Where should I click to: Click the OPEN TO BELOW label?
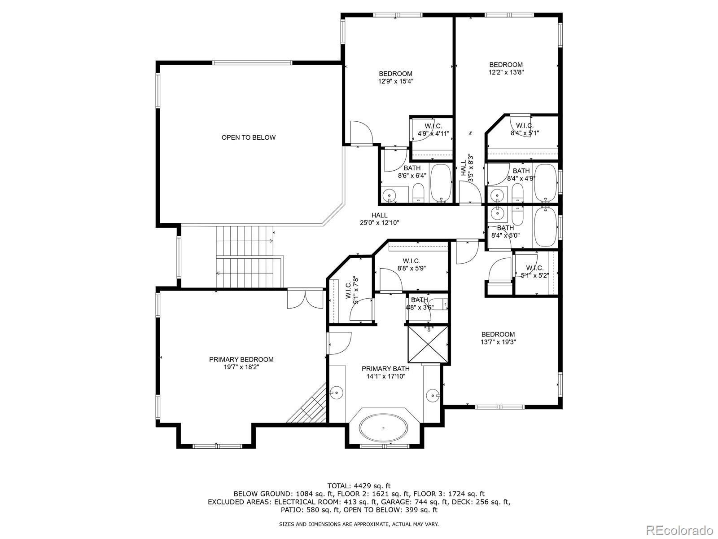pyautogui.click(x=248, y=137)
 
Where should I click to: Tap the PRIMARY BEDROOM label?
pyautogui.click(x=241, y=359)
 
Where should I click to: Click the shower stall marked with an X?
pyautogui.click(x=428, y=344)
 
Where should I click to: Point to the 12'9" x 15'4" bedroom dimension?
pyautogui.click(x=396, y=81)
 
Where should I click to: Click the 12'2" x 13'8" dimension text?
pyautogui.click(x=506, y=72)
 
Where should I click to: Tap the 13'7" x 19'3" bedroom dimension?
pyautogui.click(x=498, y=342)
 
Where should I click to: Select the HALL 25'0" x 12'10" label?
pyautogui.click(x=380, y=219)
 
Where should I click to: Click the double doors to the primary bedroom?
pyautogui.click(x=305, y=299)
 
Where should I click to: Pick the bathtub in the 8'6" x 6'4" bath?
pyautogui.click(x=441, y=183)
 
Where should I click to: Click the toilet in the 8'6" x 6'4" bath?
pyautogui.click(x=418, y=193)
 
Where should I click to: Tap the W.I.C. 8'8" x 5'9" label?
pyautogui.click(x=412, y=265)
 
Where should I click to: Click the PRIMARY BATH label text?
pyautogui.click(x=385, y=368)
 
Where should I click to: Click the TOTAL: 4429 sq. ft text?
pyautogui.click(x=359, y=486)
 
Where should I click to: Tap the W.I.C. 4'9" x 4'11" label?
pyautogui.click(x=433, y=130)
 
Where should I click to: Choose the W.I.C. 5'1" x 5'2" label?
pyautogui.click(x=535, y=272)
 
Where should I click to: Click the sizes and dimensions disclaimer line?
pyautogui.click(x=359, y=524)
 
